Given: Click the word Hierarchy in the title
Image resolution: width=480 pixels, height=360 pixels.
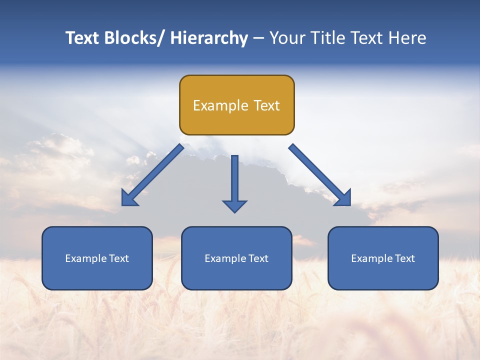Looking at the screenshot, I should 209,38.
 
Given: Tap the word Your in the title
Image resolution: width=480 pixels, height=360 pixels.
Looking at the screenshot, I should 287,38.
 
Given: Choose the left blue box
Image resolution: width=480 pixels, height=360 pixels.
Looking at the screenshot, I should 97,258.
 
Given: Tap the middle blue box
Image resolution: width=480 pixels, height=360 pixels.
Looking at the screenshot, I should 236,258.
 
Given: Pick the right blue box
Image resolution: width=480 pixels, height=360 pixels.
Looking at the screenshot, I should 383,258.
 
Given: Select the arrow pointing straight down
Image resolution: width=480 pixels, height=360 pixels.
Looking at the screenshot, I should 234,182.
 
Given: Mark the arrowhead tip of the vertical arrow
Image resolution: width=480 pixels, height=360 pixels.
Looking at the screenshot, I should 234,212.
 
